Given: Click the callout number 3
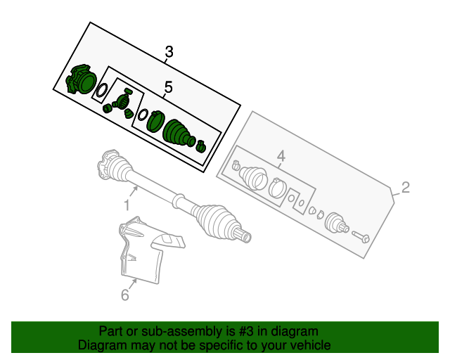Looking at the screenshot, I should (169, 51).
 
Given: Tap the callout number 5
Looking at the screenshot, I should (168, 87).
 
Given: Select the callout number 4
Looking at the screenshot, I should (281, 156).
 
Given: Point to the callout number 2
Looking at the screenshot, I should (405, 187).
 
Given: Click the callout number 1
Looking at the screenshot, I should (127, 205).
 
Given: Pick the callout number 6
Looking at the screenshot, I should (124, 295).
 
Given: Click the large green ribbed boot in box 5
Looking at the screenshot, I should (178, 133).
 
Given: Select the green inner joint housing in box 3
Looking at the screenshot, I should (80, 81).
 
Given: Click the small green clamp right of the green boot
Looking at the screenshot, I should (200, 146).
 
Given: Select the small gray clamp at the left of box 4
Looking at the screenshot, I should (236, 167).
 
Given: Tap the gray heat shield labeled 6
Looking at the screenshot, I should (144, 253).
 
